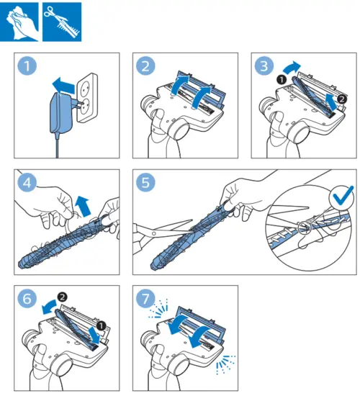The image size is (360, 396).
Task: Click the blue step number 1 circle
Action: [x=27, y=66]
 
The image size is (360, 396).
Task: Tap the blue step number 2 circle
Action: [x=145, y=66]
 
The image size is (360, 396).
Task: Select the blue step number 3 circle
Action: [x=264, y=66]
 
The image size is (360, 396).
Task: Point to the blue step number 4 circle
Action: [x=27, y=183]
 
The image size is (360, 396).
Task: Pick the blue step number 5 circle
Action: [x=145, y=183]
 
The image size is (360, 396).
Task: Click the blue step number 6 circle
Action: [x=27, y=299]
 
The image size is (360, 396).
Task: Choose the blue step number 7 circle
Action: [x=145, y=299]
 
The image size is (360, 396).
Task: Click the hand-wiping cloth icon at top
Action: [x=19, y=22]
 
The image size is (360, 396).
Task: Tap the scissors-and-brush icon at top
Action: [x=62, y=22]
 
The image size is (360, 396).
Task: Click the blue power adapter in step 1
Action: [x=61, y=114]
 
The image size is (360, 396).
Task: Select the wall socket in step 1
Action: [x=87, y=97]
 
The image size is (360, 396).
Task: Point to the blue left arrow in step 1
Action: [x=63, y=86]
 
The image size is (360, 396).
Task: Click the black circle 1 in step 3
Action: [x=282, y=80]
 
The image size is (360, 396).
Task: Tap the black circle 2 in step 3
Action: [x=342, y=99]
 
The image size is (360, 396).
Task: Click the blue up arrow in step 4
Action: [x=83, y=206]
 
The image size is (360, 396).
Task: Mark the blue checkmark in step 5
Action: [x=343, y=196]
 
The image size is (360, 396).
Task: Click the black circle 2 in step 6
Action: [x=62, y=297]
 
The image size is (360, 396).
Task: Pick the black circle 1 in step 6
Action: [x=102, y=325]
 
